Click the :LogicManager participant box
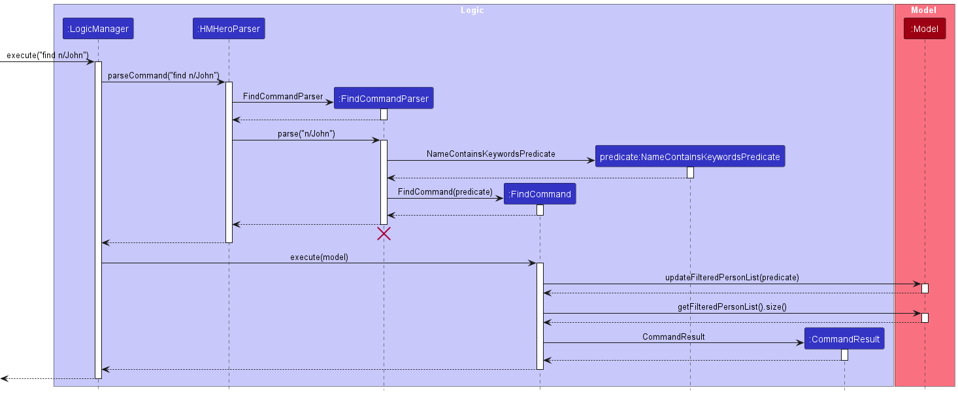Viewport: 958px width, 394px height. pyautogui.click(x=98, y=29)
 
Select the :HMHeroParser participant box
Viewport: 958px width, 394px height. pyautogui.click(x=229, y=29)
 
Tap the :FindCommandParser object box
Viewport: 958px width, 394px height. pyautogui.click(x=384, y=99)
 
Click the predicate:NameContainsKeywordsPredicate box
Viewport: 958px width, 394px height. pyautogui.click(x=689, y=157)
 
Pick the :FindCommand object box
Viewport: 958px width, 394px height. pyautogui.click(x=540, y=194)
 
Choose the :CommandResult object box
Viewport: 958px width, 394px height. pyautogui.click(x=844, y=339)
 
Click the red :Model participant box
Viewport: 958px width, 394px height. pyautogui.click(x=924, y=29)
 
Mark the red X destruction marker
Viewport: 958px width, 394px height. pyautogui.click(x=384, y=234)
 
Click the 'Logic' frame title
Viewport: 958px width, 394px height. pyautogui.click(x=472, y=10)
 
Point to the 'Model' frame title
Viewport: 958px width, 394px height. pyautogui.click(x=923, y=10)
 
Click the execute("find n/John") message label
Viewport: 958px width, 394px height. pyautogui.click(x=47, y=56)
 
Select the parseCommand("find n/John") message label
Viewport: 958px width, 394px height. pyautogui.click(x=163, y=76)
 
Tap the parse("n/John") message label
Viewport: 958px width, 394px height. pyautogui.click(x=306, y=134)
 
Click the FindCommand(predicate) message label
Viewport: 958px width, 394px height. pyautogui.click(x=445, y=192)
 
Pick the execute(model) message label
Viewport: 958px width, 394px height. pyautogui.click(x=319, y=257)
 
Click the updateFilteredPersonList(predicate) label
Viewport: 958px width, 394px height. pyautogui.click(x=732, y=278)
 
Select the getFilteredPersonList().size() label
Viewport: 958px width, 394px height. pyautogui.click(x=732, y=307)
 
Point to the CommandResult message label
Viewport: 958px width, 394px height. pyautogui.click(x=673, y=337)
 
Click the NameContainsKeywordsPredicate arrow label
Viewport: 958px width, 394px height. pyautogui.click(x=491, y=154)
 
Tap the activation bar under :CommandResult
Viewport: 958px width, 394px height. pyautogui.click(x=844, y=355)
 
